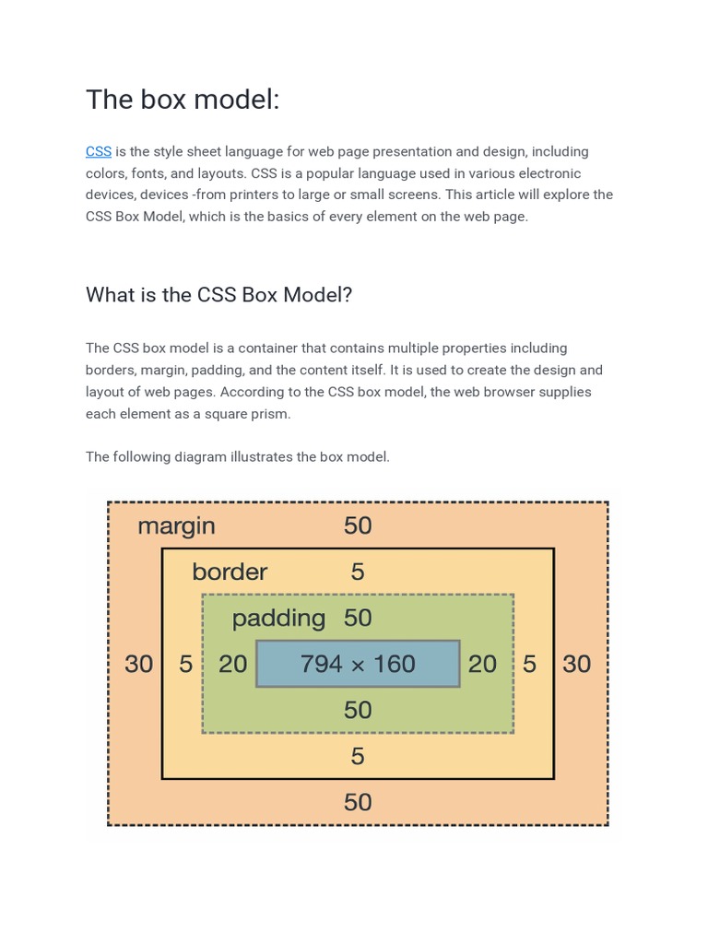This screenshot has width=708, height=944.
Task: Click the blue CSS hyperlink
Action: pos(99,151)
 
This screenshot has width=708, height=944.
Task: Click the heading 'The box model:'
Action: pos(183,100)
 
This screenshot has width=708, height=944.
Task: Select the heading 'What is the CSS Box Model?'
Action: pos(218,295)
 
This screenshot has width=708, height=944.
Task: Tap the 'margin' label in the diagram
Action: pos(176,526)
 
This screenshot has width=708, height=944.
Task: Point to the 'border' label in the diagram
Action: pos(230,572)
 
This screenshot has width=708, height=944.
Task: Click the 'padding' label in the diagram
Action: pos(278,618)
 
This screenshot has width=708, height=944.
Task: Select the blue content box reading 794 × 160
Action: pos(358,664)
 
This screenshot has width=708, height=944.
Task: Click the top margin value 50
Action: pos(358,526)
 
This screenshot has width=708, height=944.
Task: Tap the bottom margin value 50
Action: pos(358,802)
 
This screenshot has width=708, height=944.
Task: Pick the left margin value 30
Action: pos(139,664)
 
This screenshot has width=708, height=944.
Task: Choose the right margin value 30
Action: pos(577,664)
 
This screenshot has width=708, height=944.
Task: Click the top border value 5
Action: pos(358,572)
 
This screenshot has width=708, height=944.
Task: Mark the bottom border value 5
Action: pos(358,757)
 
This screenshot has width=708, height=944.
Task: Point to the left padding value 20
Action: pos(232,664)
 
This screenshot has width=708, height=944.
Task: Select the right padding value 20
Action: pos(482,664)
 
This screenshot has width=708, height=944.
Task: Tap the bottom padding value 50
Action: pos(358,710)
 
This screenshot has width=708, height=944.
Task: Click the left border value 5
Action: pos(186,664)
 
